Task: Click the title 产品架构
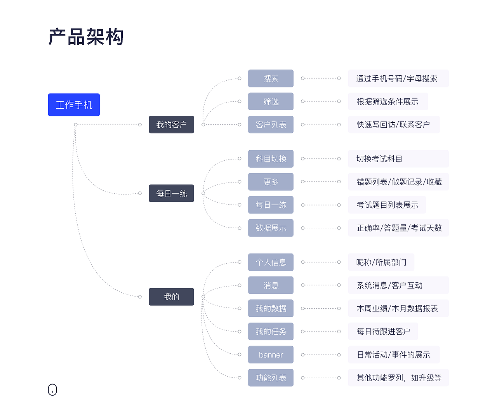[86, 37]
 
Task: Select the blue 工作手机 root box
[74, 105]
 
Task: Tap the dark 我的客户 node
[171, 125]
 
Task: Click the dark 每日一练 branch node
[171, 193]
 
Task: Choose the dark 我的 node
[171, 297]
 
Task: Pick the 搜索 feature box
[271, 78]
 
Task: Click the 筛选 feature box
[271, 102]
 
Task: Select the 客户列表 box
[271, 125]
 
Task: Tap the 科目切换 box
[271, 159]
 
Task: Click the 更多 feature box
[271, 182]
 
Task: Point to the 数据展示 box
[271, 228]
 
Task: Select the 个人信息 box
[271, 262]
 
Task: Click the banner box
[271, 355]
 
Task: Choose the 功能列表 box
[271, 378]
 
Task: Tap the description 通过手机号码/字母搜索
[397, 79]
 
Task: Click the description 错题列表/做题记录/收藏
[399, 182]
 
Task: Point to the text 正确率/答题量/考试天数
[399, 228]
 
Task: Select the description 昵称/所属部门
[381, 262]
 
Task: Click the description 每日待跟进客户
[383, 332]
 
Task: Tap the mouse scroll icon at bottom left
[52, 390]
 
